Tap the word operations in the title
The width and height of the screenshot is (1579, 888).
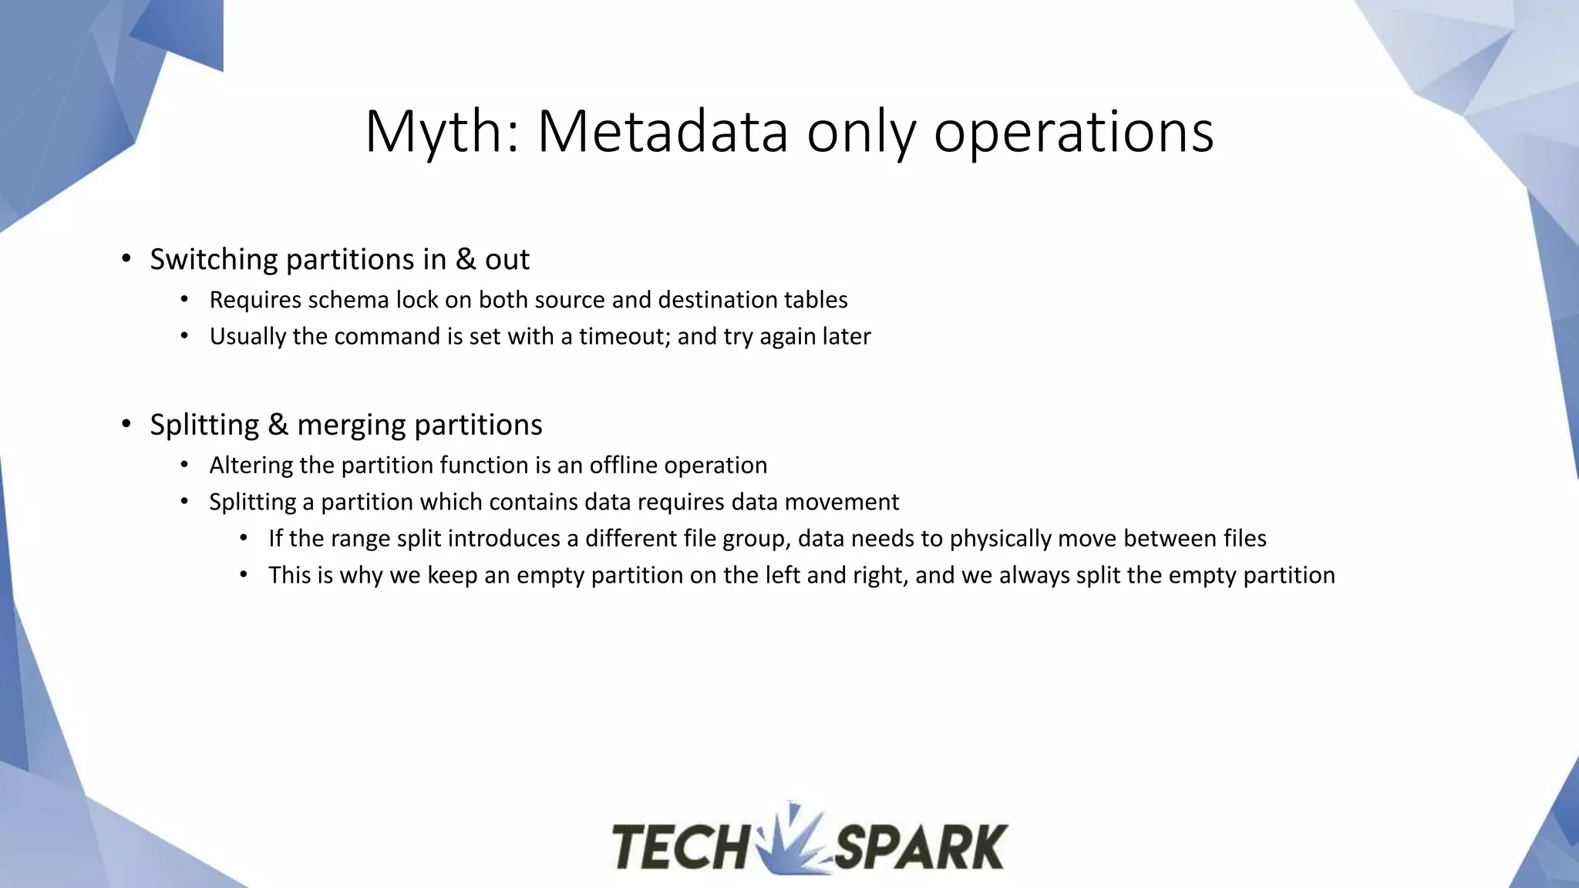pyautogui.click(x=1073, y=133)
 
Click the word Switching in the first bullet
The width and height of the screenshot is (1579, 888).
pyautogui.click(x=214, y=260)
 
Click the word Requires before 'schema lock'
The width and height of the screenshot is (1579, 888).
pyautogui.click(x=255, y=300)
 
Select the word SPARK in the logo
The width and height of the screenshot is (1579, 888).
pyautogui.click(x=921, y=847)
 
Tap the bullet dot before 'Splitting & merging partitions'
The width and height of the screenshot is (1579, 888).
pyautogui.click(x=126, y=425)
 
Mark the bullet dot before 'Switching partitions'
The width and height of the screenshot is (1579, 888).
pyautogui.click(x=126, y=260)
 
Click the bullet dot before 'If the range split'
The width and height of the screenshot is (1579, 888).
pyautogui.click(x=244, y=538)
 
